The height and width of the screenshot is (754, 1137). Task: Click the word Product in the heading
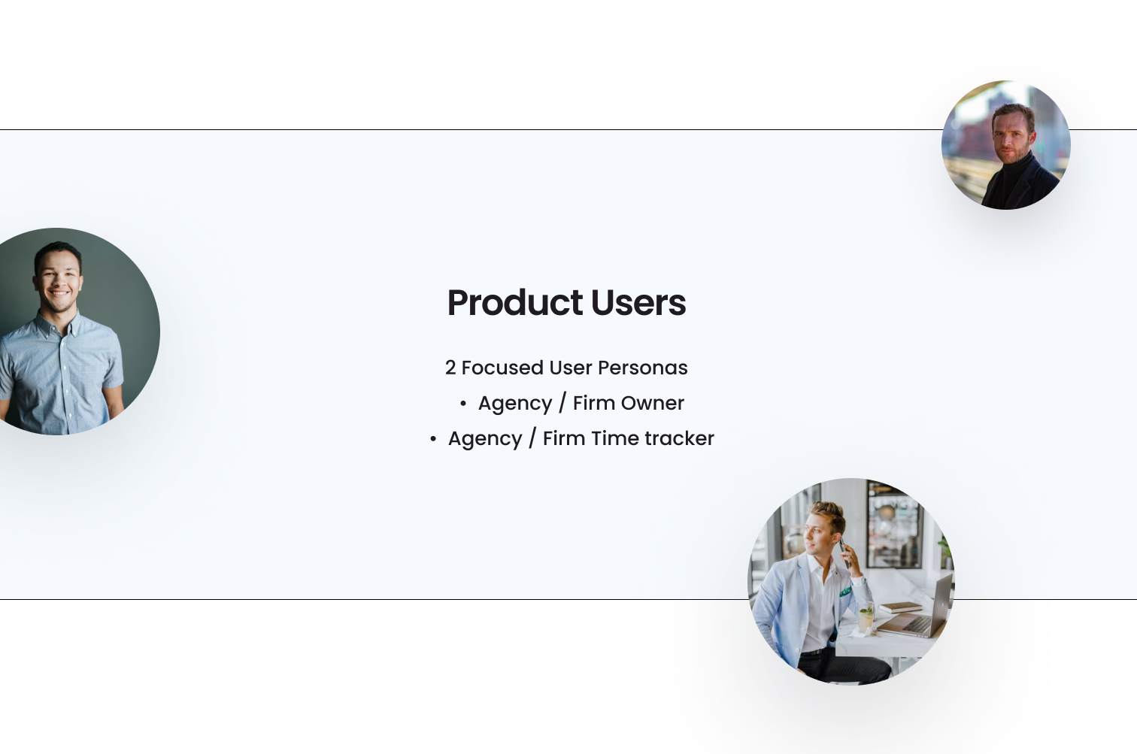click(514, 303)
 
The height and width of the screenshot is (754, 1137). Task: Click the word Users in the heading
click(638, 303)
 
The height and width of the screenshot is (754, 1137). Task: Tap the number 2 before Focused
click(450, 368)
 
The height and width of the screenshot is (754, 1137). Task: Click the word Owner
click(652, 404)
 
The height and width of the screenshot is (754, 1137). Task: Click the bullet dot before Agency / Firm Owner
click(463, 404)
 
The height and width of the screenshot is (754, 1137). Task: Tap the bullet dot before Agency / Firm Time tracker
click(433, 439)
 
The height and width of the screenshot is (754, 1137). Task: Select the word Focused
click(502, 368)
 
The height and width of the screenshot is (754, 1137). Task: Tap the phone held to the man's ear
click(843, 553)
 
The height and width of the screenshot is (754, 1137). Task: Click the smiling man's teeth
click(59, 293)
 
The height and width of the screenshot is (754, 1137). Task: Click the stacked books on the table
click(900, 607)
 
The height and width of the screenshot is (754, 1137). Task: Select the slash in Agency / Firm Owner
click(562, 403)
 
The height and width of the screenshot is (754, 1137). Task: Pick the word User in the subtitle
click(571, 368)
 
